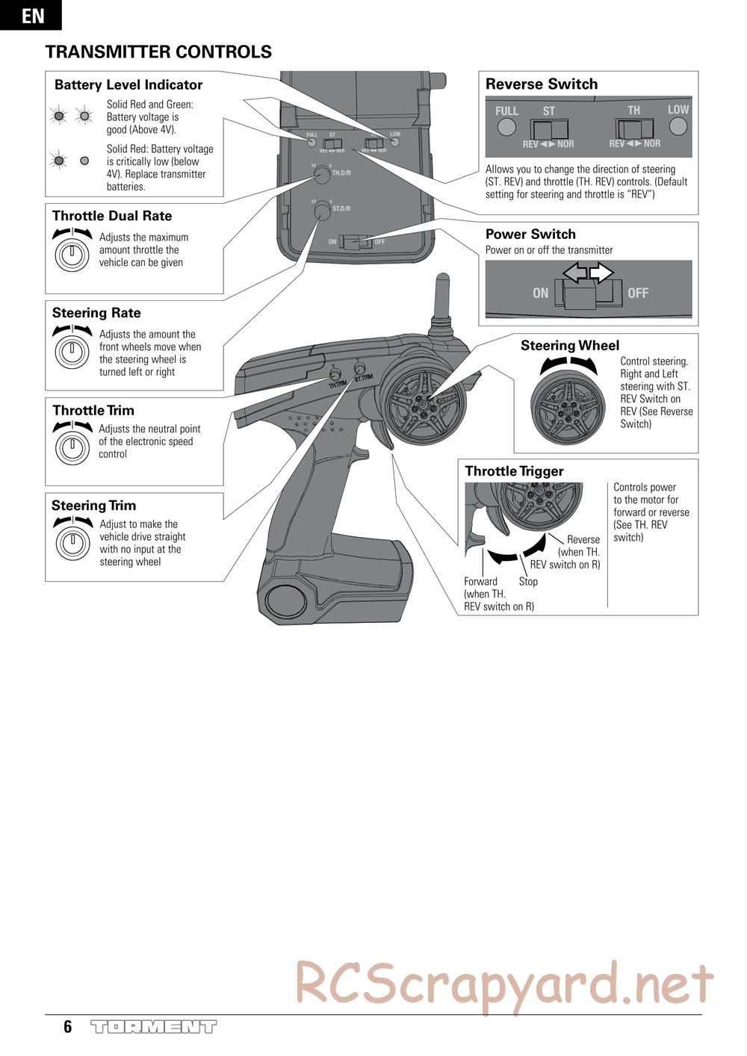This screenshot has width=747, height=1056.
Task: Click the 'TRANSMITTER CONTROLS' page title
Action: (158, 52)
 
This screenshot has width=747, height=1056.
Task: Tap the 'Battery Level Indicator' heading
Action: (128, 85)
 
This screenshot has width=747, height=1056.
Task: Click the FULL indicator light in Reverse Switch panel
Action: (506, 126)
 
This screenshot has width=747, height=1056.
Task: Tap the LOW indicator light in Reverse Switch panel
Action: (678, 125)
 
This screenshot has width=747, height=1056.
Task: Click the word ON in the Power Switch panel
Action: (541, 293)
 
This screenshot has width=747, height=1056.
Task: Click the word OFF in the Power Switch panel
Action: (638, 293)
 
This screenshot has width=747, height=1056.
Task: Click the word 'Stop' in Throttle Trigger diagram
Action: (528, 582)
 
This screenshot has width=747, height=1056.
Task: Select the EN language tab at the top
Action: (31, 15)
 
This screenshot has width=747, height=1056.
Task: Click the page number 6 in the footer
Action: (68, 1027)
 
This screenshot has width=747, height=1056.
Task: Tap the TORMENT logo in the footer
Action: (153, 1027)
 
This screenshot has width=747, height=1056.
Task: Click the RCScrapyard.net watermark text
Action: (504, 984)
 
